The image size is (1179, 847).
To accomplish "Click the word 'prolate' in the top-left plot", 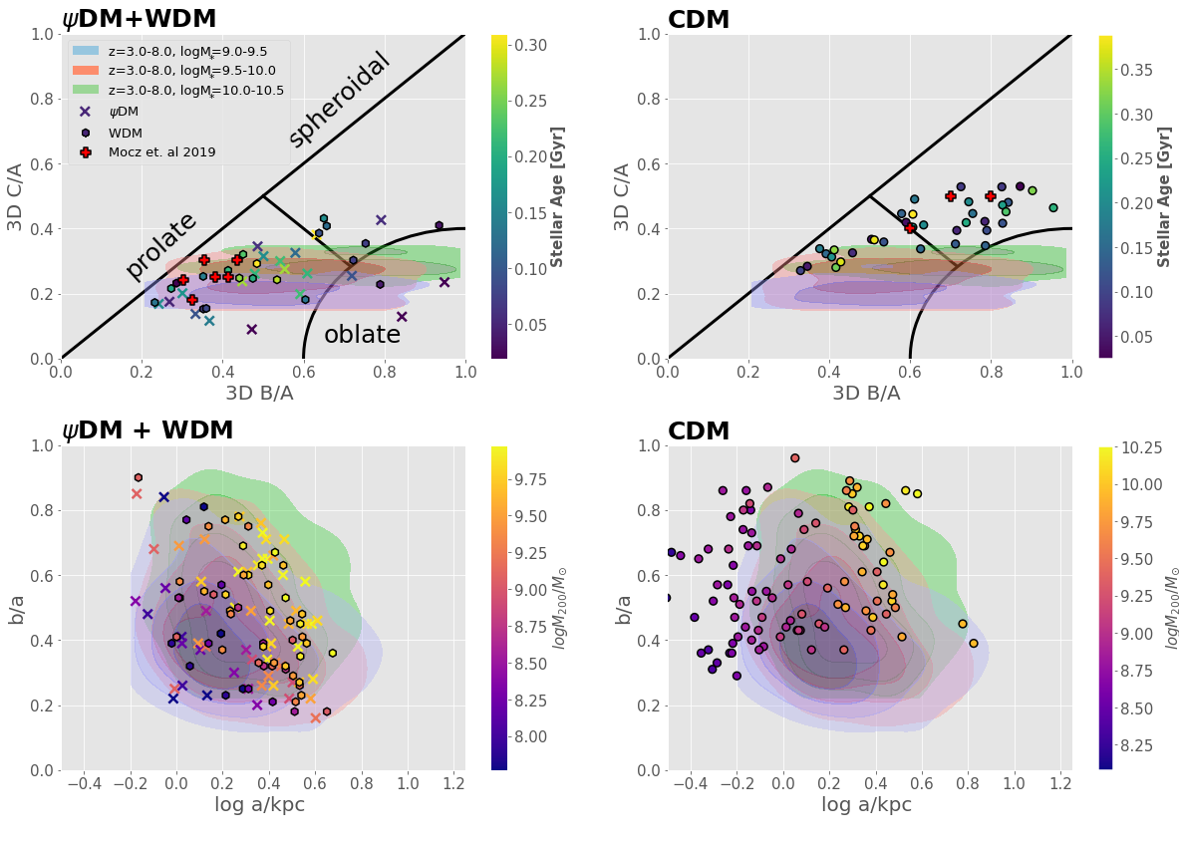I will click(161, 246).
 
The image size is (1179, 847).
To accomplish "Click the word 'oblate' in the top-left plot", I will click(362, 336).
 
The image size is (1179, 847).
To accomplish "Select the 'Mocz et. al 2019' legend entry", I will click(161, 152).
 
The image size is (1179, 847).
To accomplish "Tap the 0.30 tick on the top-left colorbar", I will click(530, 45).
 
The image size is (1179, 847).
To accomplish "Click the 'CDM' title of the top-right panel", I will click(699, 20).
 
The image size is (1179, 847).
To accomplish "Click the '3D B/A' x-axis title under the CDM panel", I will click(866, 393).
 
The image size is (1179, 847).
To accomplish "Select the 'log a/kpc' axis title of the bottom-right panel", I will click(866, 804).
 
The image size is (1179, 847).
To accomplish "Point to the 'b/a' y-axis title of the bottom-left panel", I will click(17, 608).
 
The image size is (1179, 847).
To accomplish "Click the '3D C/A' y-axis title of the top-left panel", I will click(17, 196).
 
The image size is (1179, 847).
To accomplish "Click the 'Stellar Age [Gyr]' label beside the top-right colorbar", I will click(1163, 196).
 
